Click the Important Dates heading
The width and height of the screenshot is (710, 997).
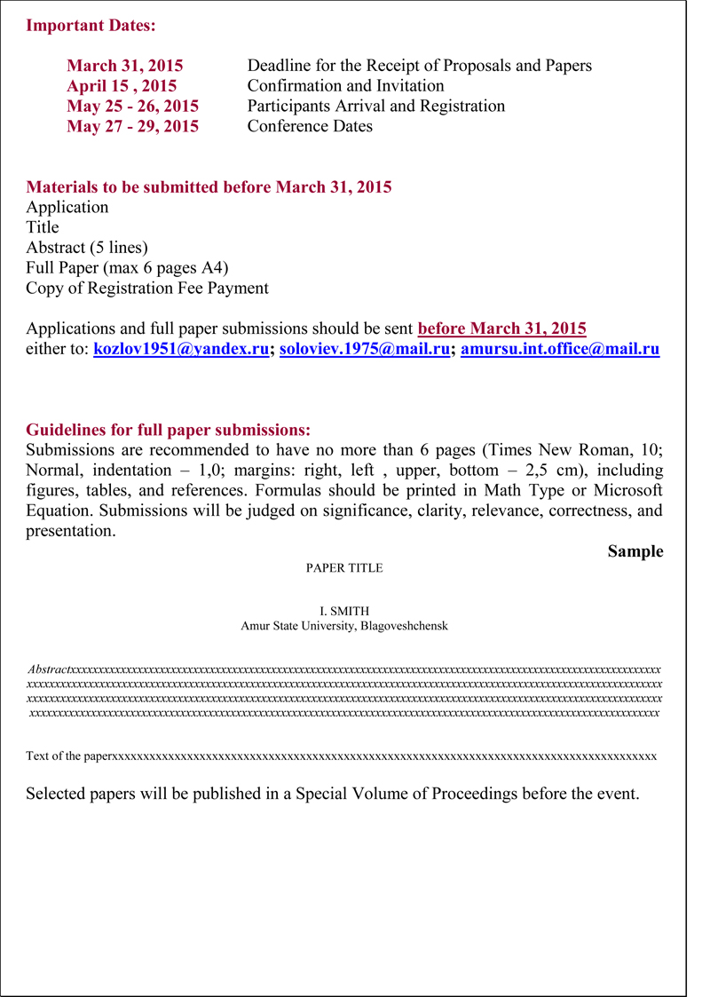(91, 25)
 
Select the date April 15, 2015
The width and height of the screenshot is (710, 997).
(122, 86)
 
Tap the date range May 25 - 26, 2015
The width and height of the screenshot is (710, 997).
(132, 106)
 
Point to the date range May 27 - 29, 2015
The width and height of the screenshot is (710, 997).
(132, 126)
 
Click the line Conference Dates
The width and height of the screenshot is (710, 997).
(310, 126)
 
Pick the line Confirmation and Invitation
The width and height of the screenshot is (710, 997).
(345, 86)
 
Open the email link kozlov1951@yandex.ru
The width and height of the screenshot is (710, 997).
(181, 350)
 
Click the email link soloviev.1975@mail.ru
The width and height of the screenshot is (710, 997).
(365, 350)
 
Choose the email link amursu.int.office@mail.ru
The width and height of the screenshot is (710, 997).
(560, 350)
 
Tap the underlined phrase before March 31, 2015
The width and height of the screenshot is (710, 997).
(501, 328)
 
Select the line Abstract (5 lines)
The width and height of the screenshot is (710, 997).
(87, 247)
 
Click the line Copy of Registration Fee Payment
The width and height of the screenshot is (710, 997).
(147, 288)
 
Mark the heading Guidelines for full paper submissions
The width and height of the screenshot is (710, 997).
(168, 430)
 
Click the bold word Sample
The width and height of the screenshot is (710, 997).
(635, 551)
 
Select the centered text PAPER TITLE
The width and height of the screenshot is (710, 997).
(344, 568)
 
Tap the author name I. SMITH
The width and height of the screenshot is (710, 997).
(344, 611)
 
